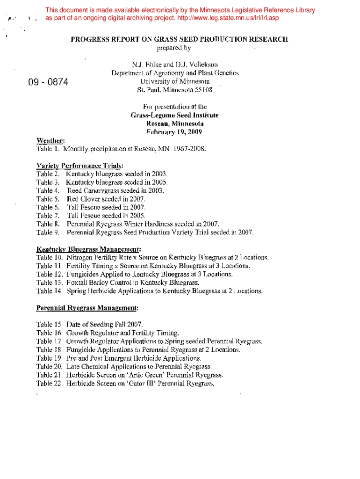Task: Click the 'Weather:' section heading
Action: coord(50,140)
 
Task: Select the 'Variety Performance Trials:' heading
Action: coord(80,166)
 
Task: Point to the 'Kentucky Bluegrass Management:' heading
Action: coord(89,249)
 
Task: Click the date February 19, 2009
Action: coord(174,132)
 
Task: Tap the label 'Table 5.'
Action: coord(48,199)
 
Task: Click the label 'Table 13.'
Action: coord(49,283)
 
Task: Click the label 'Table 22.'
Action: coord(49,384)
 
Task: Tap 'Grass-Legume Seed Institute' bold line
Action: coord(174,115)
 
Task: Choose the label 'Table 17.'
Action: coord(49,341)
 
